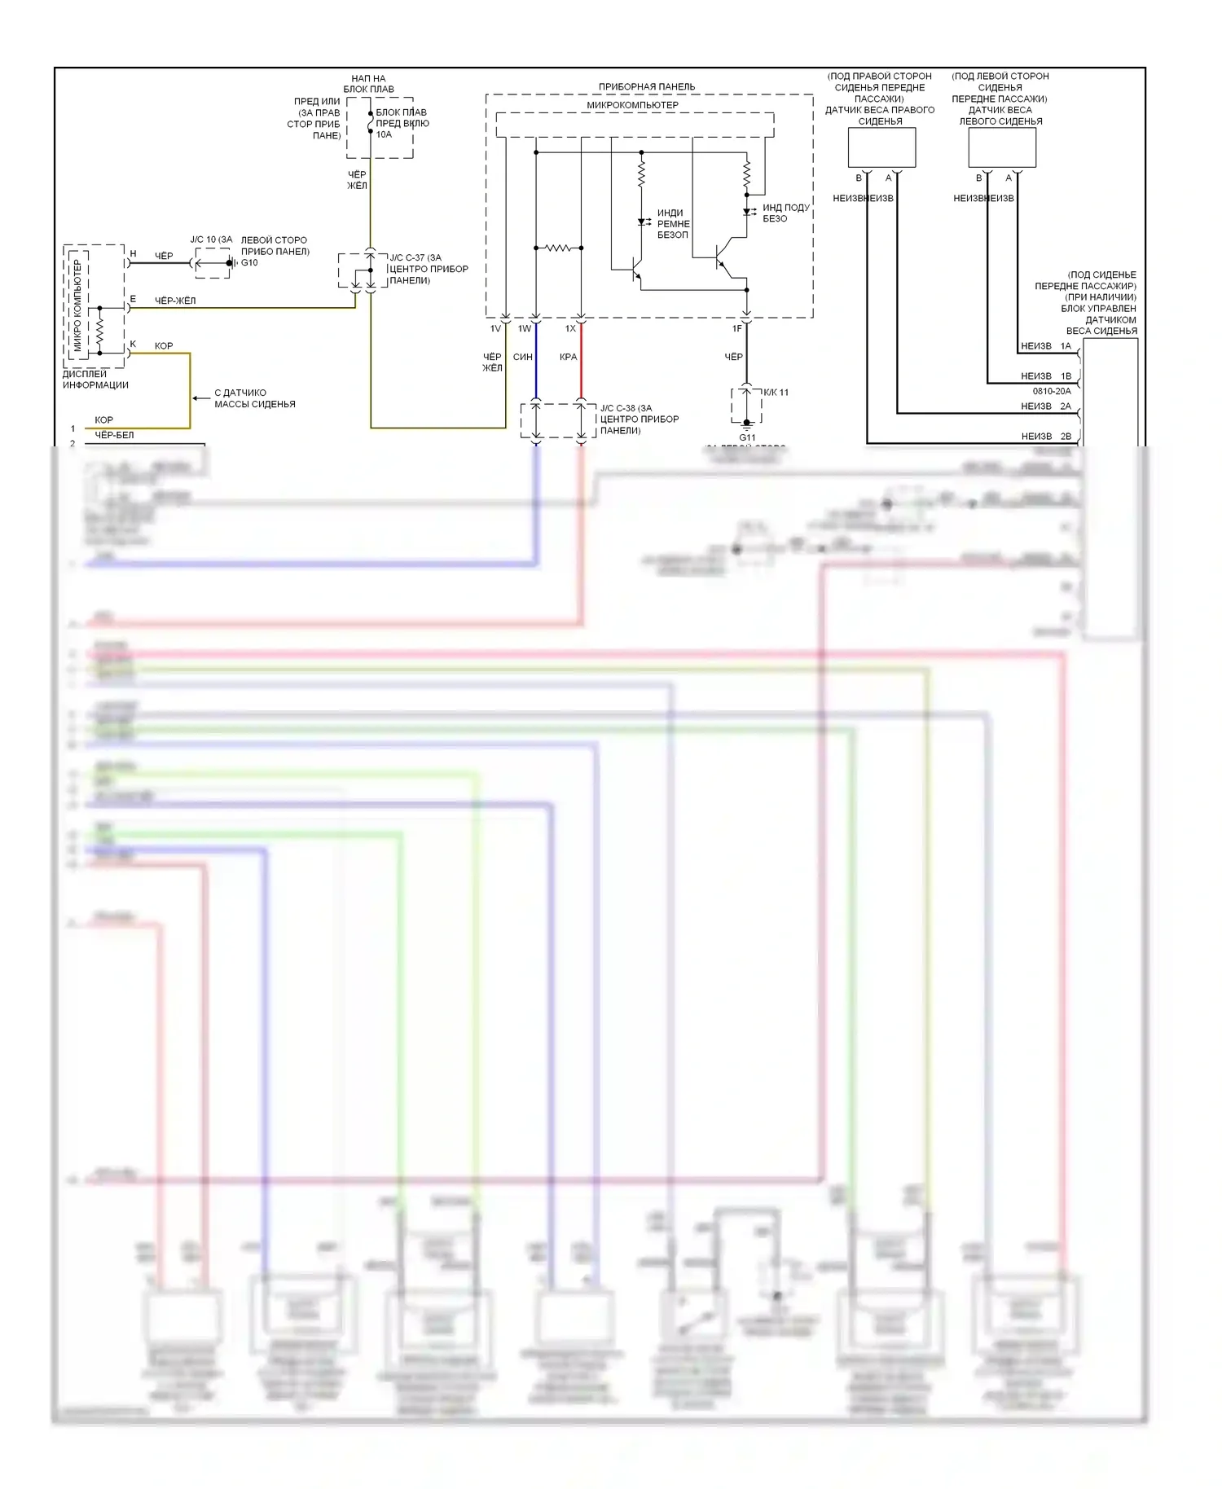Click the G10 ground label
pyautogui.click(x=249, y=263)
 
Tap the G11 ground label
pyautogui.click(x=747, y=437)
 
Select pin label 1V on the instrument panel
pyautogui.click(x=495, y=329)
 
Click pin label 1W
pyautogui.click(x=525, y=329)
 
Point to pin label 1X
pyautogui.click(x=570, y=329)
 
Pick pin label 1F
pyautogui.click(x=737, y=329)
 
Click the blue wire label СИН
pyautogui.click(x=523, y=357)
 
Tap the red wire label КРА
pyautogui.click(x=569, y=357)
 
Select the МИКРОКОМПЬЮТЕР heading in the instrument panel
pyautogui.click(x=632, y=105)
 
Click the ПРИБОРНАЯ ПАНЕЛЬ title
pyautogui.click(x=647, y=87)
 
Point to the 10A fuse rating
pyautogui.click(x=384, y=134)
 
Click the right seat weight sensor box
pyautogui.click(x=881, y=147)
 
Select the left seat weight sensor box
pyautogui.click(x=1002, y=147)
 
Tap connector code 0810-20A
pyautogui.click(x=1052, y=391)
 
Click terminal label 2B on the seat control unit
pyautogui.click(x=1066, y=437)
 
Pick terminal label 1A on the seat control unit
pyautogui.click(x=1066, y=346)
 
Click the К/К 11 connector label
pyautogui.click(x=776, y=393)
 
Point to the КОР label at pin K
pyautogui.click(x=164, y=346)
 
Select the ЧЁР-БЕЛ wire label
pyautogui.click(x=114, y=435)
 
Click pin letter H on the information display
pyautogui.click(x=133, y=254)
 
